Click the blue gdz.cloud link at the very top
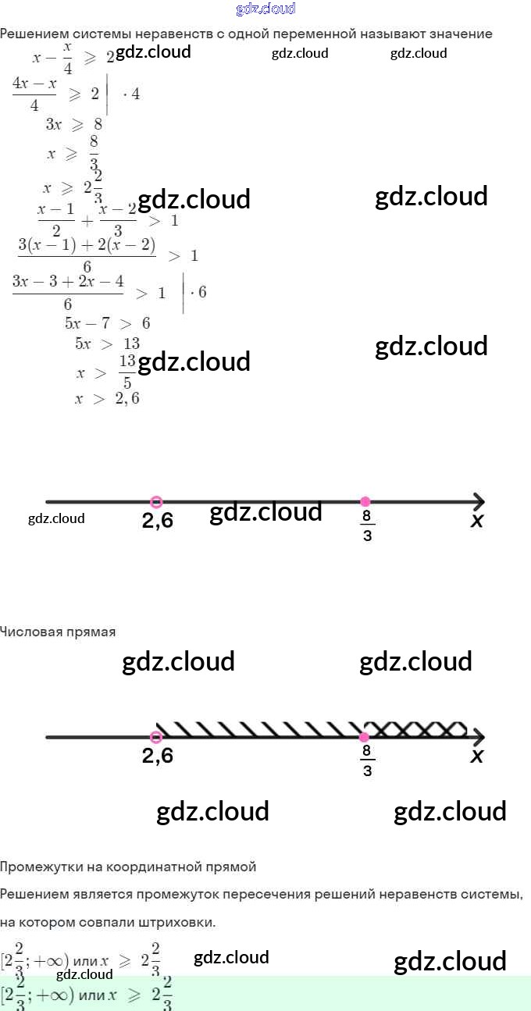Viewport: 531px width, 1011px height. coord(265,9)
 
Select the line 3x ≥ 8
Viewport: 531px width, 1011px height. coord(73,124)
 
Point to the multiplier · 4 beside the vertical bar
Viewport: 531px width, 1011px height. coord(131,94)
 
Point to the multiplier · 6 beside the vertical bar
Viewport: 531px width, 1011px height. coord(198,293)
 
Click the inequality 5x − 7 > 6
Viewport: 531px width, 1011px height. coord(107,323)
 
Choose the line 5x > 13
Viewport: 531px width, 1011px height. coord(107,344)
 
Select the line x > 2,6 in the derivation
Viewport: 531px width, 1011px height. coord(107,399)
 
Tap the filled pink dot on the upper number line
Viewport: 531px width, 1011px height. coord(365,501)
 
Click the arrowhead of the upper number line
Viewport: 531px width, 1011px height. coord(478,501)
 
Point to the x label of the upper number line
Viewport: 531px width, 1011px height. coord(476,521)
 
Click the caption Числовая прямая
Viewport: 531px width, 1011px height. coord(58,632)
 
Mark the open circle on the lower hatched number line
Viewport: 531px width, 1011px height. coord(156,737)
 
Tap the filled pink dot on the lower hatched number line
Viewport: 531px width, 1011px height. coord(365,737)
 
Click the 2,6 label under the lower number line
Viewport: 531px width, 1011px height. coord(158,756)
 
